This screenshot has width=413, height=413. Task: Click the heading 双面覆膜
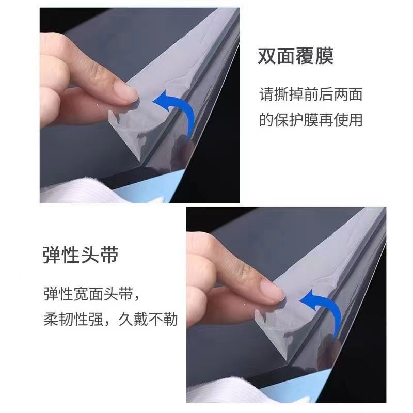[x=295, y=56]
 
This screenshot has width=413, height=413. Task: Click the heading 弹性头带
[x=81, y=255]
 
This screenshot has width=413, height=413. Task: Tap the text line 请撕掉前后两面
[x=311, y=94]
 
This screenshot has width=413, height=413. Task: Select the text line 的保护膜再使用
[x=311, y=120]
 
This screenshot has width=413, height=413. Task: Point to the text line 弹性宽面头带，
[x=92, y=294]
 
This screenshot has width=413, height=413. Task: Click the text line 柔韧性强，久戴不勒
[x=110, y=319]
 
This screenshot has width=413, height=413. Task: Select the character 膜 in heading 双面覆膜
[x=324, y=56]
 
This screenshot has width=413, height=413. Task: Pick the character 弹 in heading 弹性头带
[x=52, y=255]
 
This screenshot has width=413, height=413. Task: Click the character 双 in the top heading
[x=267, y=56]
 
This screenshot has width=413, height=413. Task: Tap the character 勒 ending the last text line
[x=170, y=319]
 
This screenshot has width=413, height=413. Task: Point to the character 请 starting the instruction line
[x=266, y=94]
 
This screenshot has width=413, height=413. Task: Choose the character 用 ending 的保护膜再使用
[x=356, y=120]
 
